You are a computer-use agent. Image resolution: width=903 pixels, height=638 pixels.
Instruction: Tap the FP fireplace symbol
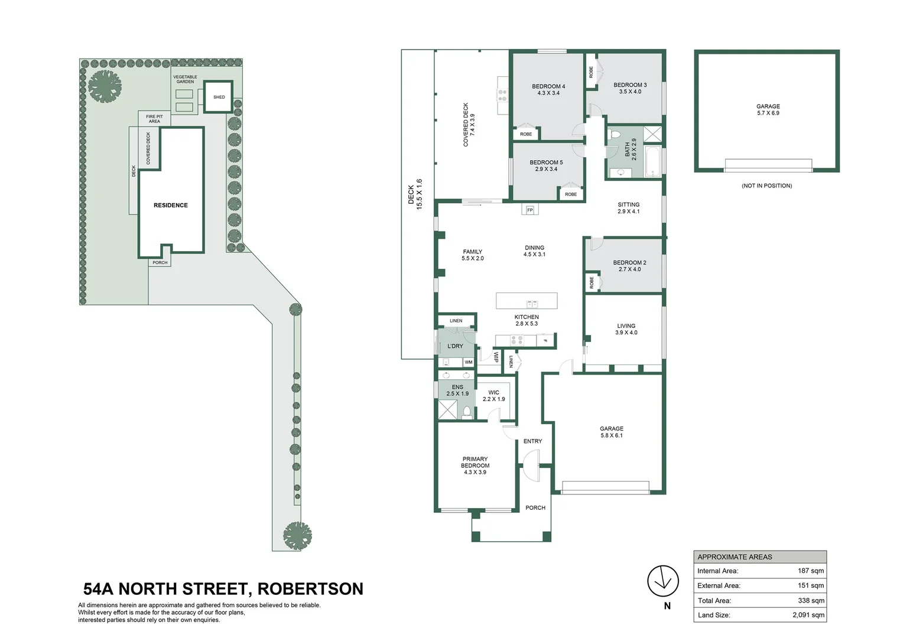click(x=530, y=210)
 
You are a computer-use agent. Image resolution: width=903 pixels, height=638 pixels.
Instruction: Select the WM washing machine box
click(x=469, y=362)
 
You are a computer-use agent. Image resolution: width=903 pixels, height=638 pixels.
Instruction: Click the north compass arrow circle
click(x=662, y=580)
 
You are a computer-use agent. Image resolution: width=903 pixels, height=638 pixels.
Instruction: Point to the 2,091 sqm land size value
click(x=808, y=615)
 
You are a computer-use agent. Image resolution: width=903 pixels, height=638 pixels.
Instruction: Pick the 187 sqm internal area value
click(x=810, y=571)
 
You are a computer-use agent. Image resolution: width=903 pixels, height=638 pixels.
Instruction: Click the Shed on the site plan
click(x=219, y=97)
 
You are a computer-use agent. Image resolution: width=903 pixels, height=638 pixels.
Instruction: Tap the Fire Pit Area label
click(x=154, y=119)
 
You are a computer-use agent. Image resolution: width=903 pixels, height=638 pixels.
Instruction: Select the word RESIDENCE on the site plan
click(x=171, y=206)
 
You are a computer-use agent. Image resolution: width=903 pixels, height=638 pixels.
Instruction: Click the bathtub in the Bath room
click(x=652, y=162)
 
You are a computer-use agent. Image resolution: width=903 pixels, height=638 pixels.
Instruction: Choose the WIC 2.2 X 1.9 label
click(x=493, y=396)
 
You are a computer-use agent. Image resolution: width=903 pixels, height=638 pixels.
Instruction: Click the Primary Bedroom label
click(x=475, y=466)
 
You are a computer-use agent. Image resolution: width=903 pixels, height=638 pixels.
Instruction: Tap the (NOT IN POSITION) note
click(x=766, y=185)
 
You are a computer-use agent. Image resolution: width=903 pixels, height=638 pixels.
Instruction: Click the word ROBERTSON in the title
click(x=310, y=589)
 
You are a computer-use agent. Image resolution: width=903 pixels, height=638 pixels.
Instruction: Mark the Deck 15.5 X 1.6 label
click(x=415, y=194)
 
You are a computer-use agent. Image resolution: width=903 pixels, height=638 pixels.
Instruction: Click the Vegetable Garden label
click(x=185, y=79)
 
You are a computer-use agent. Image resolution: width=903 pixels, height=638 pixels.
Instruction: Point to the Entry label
click(x=532, y=441)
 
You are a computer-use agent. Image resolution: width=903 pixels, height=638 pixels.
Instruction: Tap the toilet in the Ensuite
click(x=466, y=411)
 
